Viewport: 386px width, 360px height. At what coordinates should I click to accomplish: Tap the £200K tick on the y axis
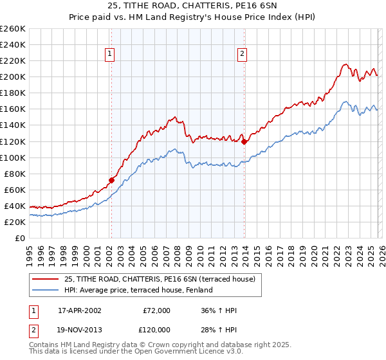coord(13,76)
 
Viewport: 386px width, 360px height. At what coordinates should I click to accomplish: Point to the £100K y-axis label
coord(13,157)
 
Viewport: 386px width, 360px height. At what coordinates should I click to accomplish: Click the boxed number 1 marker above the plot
coord(111,55)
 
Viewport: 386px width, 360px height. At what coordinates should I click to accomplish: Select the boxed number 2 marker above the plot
coord(243,55)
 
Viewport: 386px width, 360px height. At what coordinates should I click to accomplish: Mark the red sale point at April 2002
coord(111,180)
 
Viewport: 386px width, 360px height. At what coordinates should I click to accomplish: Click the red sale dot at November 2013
coord(244,141)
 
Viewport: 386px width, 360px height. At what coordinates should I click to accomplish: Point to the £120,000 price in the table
coord(156,328)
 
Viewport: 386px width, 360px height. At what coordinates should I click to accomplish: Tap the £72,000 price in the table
coord(157,310)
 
